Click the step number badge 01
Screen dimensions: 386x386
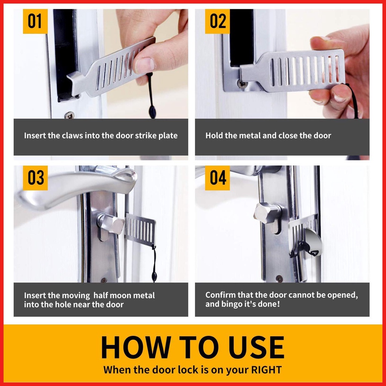[x=35, y=21]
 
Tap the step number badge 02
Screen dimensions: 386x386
[x=218, y=21]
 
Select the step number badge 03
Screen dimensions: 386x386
[x=35, y=178]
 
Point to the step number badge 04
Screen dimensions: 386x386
[x=218, y=178]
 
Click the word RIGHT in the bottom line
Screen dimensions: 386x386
[x=267, y=370]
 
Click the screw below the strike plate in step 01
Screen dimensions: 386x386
[x=69, y=115]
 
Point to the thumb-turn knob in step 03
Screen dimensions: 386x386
[x=111, y=223]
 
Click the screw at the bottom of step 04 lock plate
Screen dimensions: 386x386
[x=279, y=279]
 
